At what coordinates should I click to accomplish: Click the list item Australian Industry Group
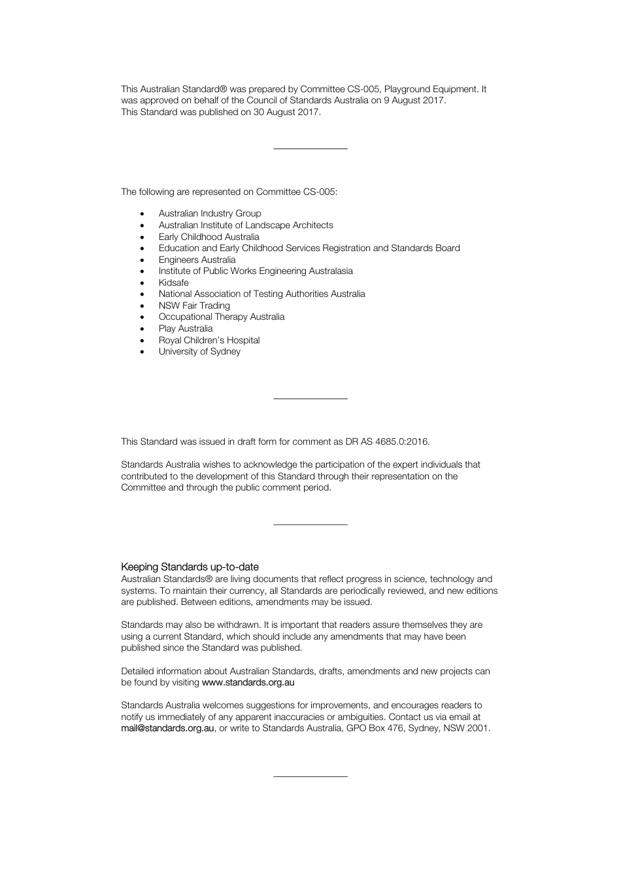pyautogui.click(x=209, y=213)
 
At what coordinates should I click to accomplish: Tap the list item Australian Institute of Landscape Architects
pyautogui.click(x=246, y=225)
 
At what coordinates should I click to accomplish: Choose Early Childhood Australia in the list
pyautogui.click(x=209, y=237)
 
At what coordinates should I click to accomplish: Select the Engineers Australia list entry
pyautogui.click(x=197, y=260)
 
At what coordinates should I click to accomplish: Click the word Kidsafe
pyautogui.click(x=173, y=283)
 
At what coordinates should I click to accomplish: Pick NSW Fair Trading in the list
pyautogui.click(x=194, y=305)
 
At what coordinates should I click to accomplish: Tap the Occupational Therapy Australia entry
pyautogui.click(x=221, y=317)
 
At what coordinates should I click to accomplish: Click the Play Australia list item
pyautogui.click(x=185, y=328)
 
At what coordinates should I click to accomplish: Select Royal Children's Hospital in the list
pyautogui.click(x=209, y=340)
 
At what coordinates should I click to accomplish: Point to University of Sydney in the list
pyautogui.click(x=199, y=351)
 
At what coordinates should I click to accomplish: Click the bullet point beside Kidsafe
pyautogui.click(x=143, y=283)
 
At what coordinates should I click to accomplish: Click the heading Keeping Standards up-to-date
pyautogui.click(x=190, y=567)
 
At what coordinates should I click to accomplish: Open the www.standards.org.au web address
pyautogui.click(x=248, y=682)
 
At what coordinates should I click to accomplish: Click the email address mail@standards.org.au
pyautogui.click(x=167, y=728)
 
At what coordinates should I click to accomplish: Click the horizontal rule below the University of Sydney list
pyautogui.click(x=310, y=398)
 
